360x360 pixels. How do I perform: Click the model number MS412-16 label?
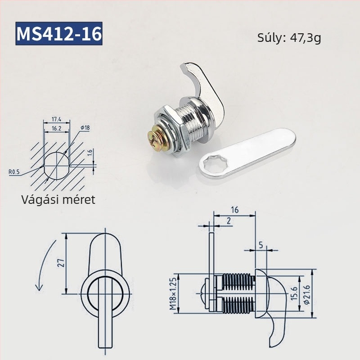(59, 34)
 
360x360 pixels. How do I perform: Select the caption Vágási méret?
(58, 199)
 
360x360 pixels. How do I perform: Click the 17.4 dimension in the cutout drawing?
(56, 119)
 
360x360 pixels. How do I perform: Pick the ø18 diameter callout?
(85, 128)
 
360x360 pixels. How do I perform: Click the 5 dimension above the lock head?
(261, 245)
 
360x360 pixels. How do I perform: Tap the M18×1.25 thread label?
(172, 294)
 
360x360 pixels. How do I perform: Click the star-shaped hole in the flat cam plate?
(211, 164)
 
